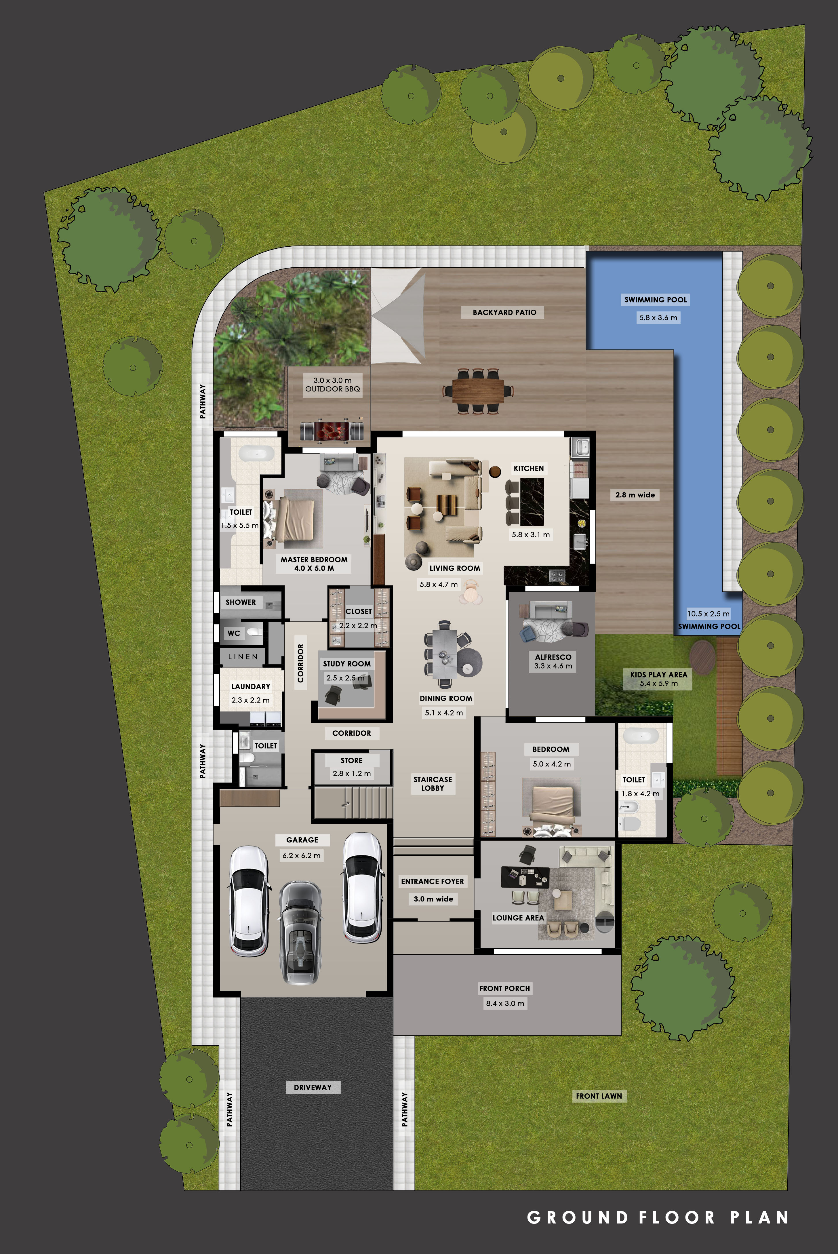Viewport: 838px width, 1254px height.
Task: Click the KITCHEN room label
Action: (x=529, y=468)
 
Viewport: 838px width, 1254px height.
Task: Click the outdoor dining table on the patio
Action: (x=478, y=391)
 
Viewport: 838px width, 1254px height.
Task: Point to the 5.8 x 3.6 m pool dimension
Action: (x=658, y=317)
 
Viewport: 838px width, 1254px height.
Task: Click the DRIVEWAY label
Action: (x=313, y=1087)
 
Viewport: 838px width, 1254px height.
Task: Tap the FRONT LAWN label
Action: (x=599, y=1096)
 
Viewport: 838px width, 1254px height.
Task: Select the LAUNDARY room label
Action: (x=251, y=686)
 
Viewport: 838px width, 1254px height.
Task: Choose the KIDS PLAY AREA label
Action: (x=658, y=675)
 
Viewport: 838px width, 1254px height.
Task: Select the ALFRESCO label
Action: (x=553, y=657)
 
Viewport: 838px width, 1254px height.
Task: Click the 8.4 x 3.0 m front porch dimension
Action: (x=504, y=1003)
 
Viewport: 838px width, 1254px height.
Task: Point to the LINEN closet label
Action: (x=243, y=657)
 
